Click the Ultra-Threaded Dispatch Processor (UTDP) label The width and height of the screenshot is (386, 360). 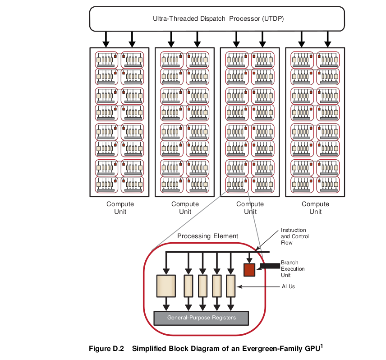(x=218, y=18)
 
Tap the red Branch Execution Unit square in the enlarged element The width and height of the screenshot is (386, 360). (x=249, y=270)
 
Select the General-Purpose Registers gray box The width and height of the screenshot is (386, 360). (x=201, y=318)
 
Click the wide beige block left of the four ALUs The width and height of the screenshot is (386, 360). (x=166, y=286)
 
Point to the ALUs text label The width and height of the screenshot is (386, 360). (x=288, y=286)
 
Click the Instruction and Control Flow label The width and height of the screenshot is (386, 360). (x=294, y=236)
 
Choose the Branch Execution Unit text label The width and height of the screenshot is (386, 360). (x=293, y=269)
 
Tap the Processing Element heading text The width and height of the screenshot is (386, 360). (x=207, y=236)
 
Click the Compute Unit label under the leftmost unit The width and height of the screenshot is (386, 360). (x=120, y=208)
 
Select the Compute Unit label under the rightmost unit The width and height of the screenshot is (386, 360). (x=315, y=208)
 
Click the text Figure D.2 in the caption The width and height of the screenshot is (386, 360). (x=106, y=349)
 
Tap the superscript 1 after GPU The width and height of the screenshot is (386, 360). (x=322, y=346)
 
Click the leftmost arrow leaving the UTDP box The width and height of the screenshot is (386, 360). (x=106, y=39)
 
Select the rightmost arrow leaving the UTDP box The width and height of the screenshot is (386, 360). (x=328, y=39)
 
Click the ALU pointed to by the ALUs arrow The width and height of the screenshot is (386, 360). (x=231, y=286)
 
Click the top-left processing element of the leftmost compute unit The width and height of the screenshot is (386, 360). (x=106, y=60)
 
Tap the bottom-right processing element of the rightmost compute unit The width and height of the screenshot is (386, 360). (x=328, y=185)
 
